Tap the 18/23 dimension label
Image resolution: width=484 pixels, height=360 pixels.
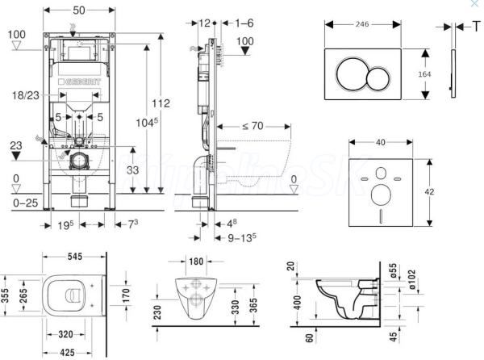[x=27, y=94]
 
